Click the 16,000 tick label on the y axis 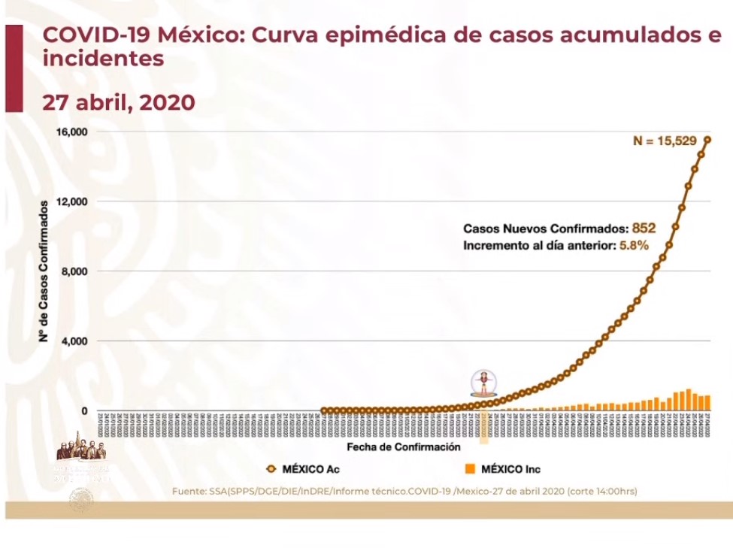click(x=72, y=132)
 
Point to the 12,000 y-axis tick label click(x=72, y=201)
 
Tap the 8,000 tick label click(x=75, y=271)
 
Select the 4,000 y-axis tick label click(x=75, y=341)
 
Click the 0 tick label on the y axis click(x=85, y=411)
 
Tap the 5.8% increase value click(x=633, y=245)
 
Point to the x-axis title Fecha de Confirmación click(x=404, y=447)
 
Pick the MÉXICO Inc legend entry click(x=502, y=469)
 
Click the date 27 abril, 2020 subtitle click(x=119, y=103)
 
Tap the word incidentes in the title click(x=103, y=58)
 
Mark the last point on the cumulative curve click(x=708, y=139)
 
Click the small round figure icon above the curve click(x=481, y=383)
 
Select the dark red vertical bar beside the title click(x=14, y=68)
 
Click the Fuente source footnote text click(x=404, y=491)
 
